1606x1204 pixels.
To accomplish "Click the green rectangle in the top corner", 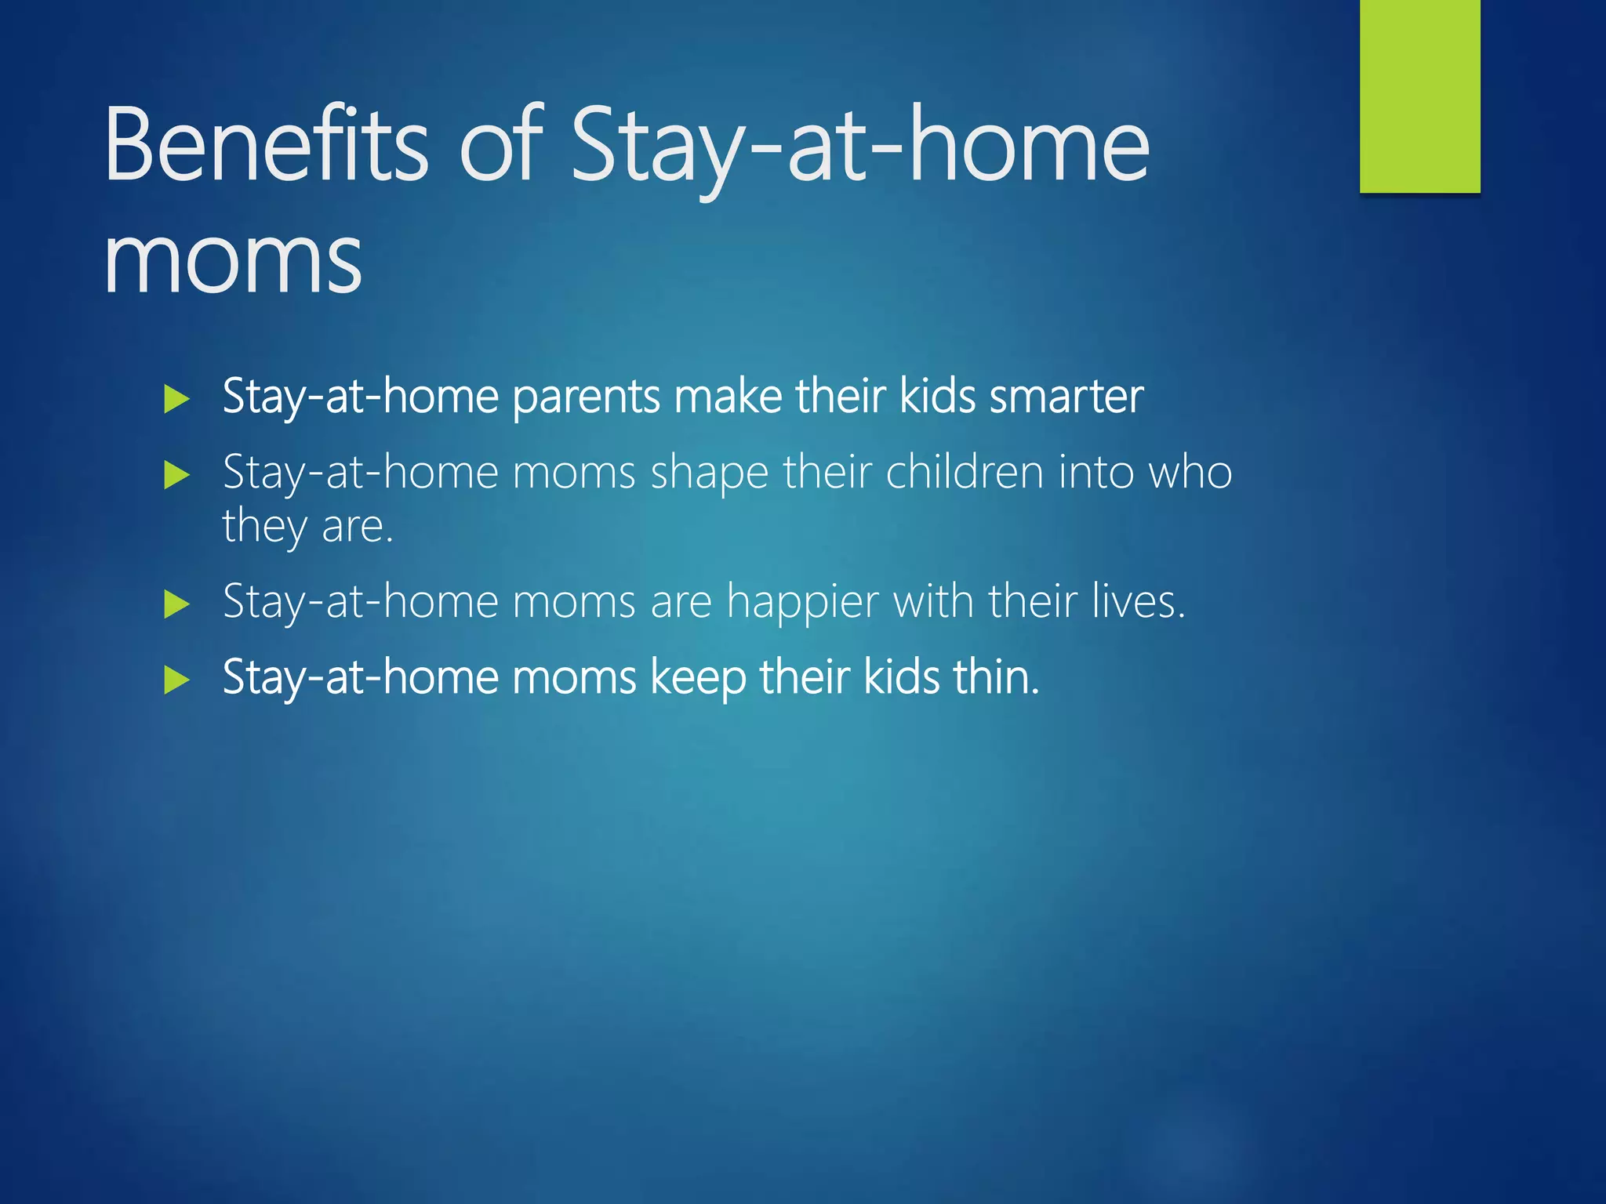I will point(1419,96).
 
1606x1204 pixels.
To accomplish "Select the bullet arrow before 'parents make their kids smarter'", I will point(177,400).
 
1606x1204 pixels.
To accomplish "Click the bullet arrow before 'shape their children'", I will point(177,475).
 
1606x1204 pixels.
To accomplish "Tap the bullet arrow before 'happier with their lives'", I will point(177,604).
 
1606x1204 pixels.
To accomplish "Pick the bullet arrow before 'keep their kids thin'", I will point(177,680).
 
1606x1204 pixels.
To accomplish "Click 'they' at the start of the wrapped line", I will point(264,526).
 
